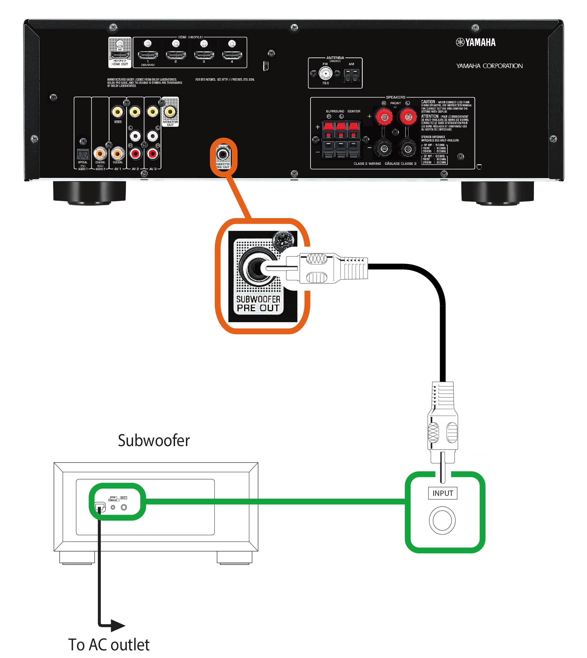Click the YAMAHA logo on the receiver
click(476, 42)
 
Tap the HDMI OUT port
click(120, 55)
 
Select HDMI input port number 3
click(204, 55)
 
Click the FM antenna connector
click(325, 74)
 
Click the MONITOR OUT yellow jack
click(170, 112)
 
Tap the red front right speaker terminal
click(384, 117)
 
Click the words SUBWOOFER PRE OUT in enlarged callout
click(258, 304)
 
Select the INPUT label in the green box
click(443, 493)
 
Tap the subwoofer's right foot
click(234, 557)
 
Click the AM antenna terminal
click(351, 76)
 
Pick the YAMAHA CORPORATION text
click(489, 66)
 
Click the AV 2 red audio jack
click(135, 154)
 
